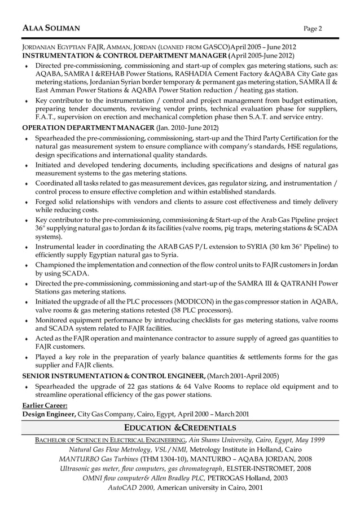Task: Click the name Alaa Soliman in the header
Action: [x=51, y=28]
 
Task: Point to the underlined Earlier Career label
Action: [x=45, y=405]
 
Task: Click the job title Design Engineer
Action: [x=49, y=414]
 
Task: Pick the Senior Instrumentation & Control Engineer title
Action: [x=113, y=376]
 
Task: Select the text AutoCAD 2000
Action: [x=131, y=487]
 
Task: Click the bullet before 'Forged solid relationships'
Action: [x=27, y=202]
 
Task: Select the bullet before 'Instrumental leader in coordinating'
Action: [x=27, y=247]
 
